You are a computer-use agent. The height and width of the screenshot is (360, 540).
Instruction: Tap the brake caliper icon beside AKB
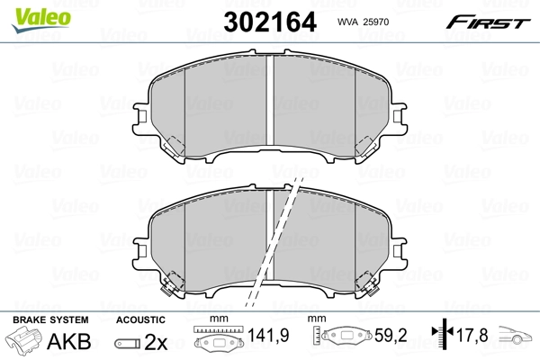tap(25, 342)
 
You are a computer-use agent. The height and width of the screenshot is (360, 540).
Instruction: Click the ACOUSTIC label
tap(141, 319)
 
